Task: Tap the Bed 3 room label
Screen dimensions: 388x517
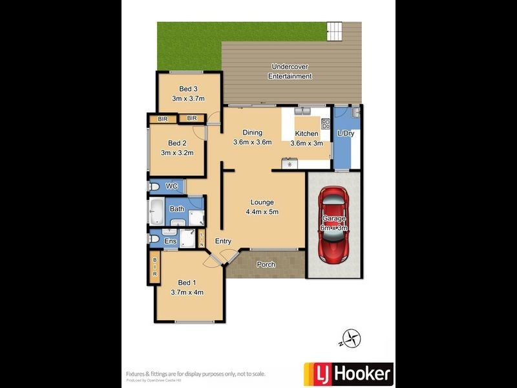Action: pos(188,89)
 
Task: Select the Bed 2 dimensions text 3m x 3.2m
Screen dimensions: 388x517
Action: pos(177,153)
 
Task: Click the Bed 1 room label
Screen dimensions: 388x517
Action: pos(186,282)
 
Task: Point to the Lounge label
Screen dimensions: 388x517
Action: pos(262,202)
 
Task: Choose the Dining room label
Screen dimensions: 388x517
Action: pos(252,132)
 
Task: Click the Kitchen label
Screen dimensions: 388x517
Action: pos(306,133)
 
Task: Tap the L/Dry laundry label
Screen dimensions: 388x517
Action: pos(346,133)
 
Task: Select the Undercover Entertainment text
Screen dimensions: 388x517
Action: pos(290,71)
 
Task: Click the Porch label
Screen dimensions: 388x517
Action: pos(266,264)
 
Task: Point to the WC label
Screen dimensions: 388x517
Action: pos(172,186)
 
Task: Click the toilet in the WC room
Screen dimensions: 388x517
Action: pos(154,187)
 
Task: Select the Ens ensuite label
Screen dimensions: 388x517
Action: pos(170,241)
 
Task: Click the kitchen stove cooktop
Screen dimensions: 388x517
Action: pos(326,124)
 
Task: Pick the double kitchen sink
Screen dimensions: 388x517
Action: pos(302,111)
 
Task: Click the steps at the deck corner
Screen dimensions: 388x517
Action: pos(335,30)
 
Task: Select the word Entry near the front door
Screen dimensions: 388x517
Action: pos(224,241)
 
